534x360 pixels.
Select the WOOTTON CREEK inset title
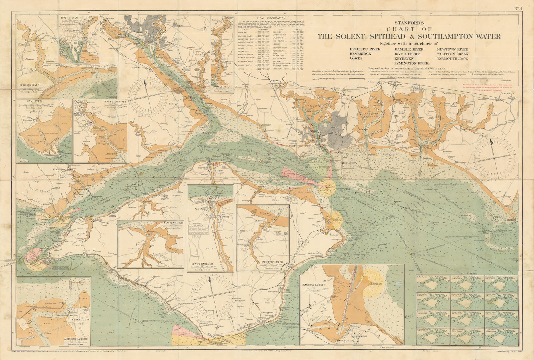coord(274,262)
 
